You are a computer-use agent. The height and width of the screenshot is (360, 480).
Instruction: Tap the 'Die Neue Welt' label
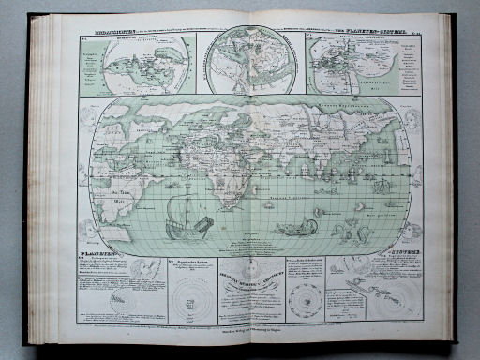pyautogui.click(x=121, y=184)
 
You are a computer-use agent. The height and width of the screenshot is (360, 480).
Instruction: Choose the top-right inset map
pyautogui.click(x=353, y=62)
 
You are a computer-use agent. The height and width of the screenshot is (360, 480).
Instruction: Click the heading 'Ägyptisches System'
pyautogui.click(x=195, y=265)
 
